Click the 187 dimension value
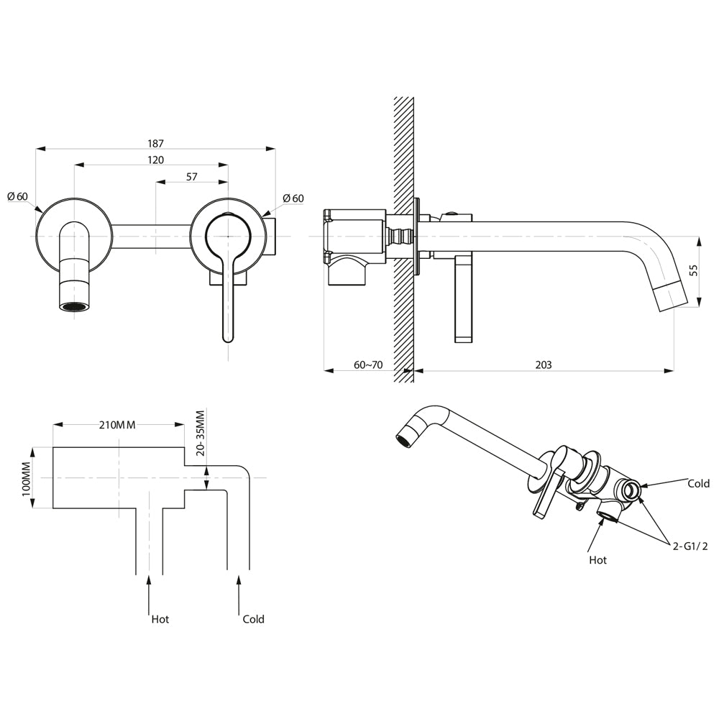coord(155,144)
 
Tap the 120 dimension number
coord(155,160)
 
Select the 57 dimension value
coord(192,177)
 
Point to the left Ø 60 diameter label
coord(18,197)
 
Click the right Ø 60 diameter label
coord(293,198)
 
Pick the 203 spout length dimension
coord(544,365)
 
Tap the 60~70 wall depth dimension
coord(368,365)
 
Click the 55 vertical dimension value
coord(694,270)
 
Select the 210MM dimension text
coord(117,425)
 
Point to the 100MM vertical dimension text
coord(26,479)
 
